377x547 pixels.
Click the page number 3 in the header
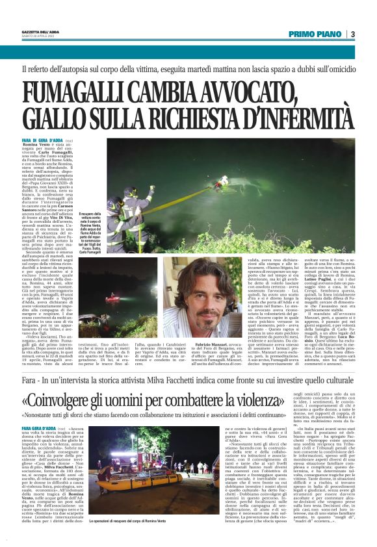coord(352,34)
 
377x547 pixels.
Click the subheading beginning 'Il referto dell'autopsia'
coord(188,69)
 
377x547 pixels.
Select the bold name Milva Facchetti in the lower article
coord(55,449)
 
